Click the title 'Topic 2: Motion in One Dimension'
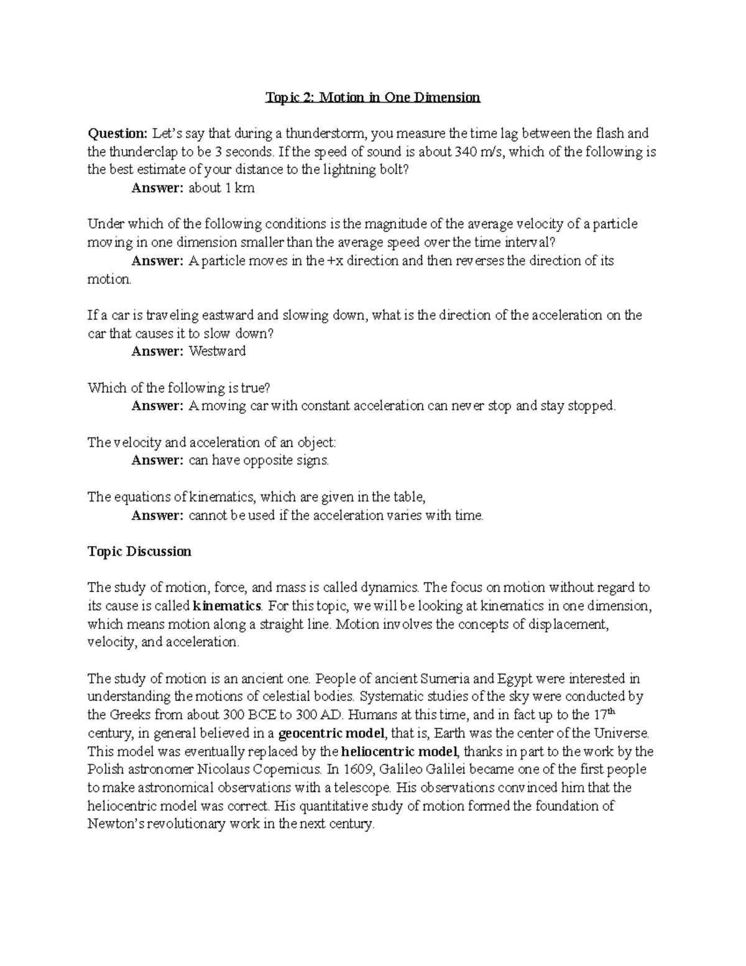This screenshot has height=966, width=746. pos(373,97)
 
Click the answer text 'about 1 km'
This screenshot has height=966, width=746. pos(221,188)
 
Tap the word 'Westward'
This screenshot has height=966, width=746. pos(217,351)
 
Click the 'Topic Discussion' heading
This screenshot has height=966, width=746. pos(139,552)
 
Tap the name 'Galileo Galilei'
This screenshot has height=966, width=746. pos(417,769)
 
